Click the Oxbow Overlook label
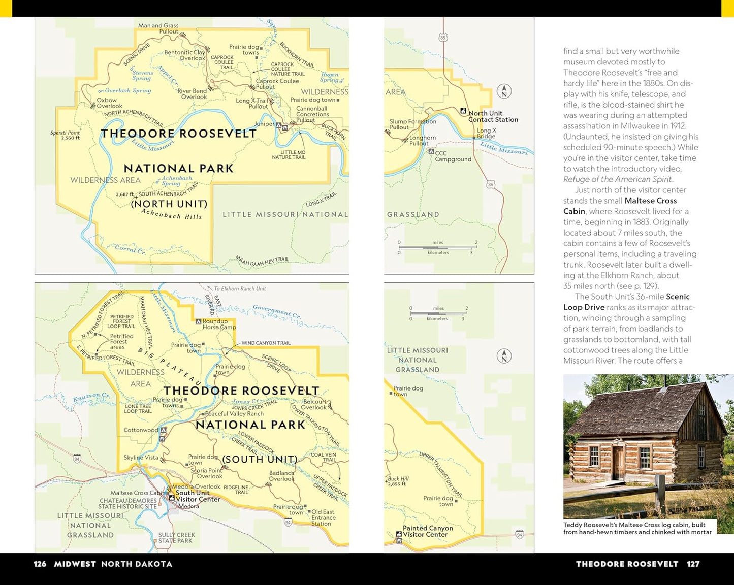109,103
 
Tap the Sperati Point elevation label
66,135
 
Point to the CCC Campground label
453,156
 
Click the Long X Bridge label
486,133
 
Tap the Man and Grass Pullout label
158,28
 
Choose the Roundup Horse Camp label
219,324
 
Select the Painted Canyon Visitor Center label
427,531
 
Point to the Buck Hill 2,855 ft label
398,481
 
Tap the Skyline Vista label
141,457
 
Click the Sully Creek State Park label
176,538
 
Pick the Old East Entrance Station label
323,517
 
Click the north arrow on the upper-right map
504,91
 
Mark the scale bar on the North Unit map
437,247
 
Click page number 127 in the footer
693,564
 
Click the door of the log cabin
618,463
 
